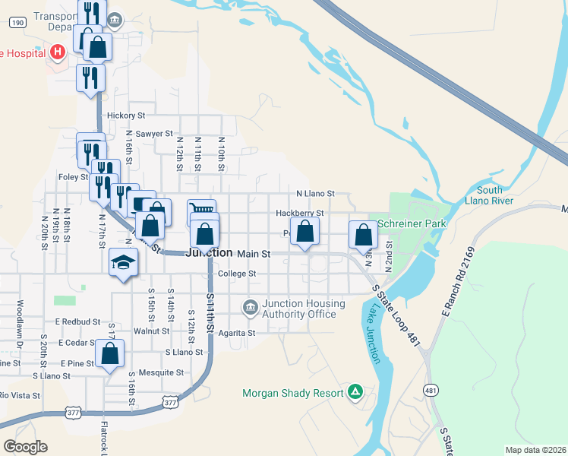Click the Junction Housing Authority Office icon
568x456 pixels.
pyautogui.click(x=250, y=308)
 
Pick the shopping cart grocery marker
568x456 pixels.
pyautogui.click(x=202, y=211)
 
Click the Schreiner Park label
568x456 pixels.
pyautogui.click(x=412, y=225)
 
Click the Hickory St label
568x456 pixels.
pyautogui.click(x=126, y=116)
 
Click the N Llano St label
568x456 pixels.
pyautogui.click(x=315, y=195)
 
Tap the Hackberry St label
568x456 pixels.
pyautogui.click(x=300, y=213)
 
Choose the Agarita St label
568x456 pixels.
pyautogui.click(x=236, y=333)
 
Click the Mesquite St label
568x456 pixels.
pyautogui.click(x=165, y=373)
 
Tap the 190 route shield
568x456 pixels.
pyautogui.click(x=17, y=23)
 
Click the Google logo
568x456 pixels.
pyautogui.click(x=25, y=446)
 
